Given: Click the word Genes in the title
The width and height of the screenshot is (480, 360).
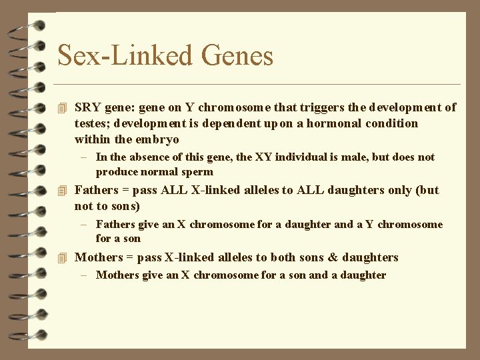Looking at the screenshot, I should (x=237, y=55).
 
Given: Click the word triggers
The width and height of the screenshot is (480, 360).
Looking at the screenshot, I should (x=313, y=107).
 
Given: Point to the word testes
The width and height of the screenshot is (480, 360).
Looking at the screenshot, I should (x=92, y=123).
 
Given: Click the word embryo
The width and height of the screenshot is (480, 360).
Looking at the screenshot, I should (x=157, y=139).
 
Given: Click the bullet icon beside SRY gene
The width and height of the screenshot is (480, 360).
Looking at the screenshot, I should (x=63, y=107).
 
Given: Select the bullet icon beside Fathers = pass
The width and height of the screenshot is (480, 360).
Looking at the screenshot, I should (x=63, y=191).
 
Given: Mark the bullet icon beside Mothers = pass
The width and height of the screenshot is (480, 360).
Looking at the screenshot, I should (x=63, y=258).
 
